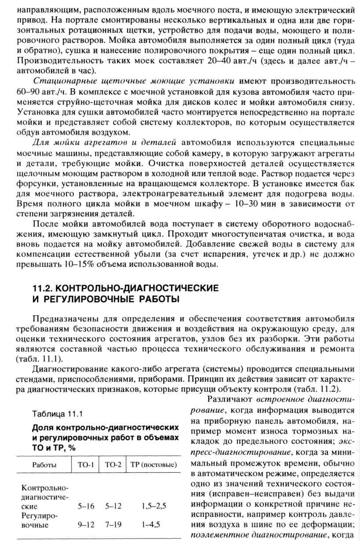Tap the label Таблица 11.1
[x=57, y=413]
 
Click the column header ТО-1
[x=86, y=465]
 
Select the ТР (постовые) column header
[x=154, y=465]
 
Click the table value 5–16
[x=86, y=506]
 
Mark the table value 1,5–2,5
[x=154, y=506]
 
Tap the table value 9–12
[x=86, y=525]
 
